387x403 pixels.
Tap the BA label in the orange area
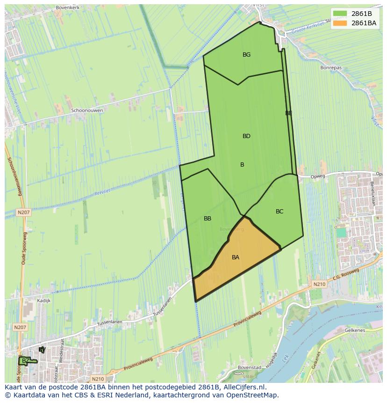pos(236,257)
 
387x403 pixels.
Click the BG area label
pos(246,55)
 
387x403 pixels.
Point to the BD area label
pos(246,136)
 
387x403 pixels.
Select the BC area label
pos(279,212)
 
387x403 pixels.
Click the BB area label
pos(208,219)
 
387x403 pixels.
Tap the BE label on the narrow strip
pos(289,113)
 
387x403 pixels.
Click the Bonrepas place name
pos(331,68)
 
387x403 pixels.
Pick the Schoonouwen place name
pos(87,110)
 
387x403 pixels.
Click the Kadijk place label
pos(43,300)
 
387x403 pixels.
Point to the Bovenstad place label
pos(249,367)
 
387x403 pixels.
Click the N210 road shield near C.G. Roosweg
pos(319,284)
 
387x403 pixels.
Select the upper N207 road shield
pos(23,212)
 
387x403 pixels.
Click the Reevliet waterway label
pos(101,192)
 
